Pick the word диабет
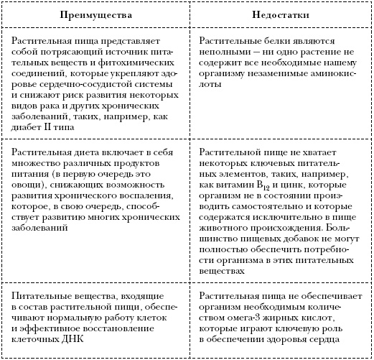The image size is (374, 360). [30, 126]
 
